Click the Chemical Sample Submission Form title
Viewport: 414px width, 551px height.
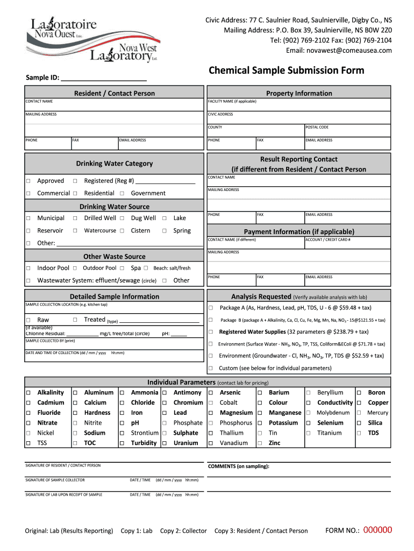coord(286,70)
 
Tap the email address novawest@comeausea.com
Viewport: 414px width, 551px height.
coord(346,51)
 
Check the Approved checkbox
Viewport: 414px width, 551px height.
coord(28,181)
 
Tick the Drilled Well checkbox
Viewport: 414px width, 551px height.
coord(75,218)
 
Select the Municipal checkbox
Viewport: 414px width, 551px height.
coord(28,218)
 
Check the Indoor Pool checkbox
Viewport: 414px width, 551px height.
coord(28,268)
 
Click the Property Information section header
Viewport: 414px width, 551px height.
coord(299,93)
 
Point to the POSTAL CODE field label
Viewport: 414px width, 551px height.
coord(317,128)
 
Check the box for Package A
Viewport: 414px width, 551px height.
coord(211,308)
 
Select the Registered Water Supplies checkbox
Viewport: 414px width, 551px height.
coord(211,332)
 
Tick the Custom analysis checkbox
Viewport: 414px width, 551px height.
coord(211,368)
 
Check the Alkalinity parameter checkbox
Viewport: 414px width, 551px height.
coord(28,393)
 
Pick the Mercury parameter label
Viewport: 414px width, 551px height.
coord(377,413)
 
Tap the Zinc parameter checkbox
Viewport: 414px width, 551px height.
coord(260,443)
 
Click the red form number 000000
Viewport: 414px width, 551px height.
coord(378,530)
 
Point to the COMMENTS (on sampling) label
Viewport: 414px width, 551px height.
coord(238,467)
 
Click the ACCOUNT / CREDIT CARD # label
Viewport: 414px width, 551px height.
coord(328,239)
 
